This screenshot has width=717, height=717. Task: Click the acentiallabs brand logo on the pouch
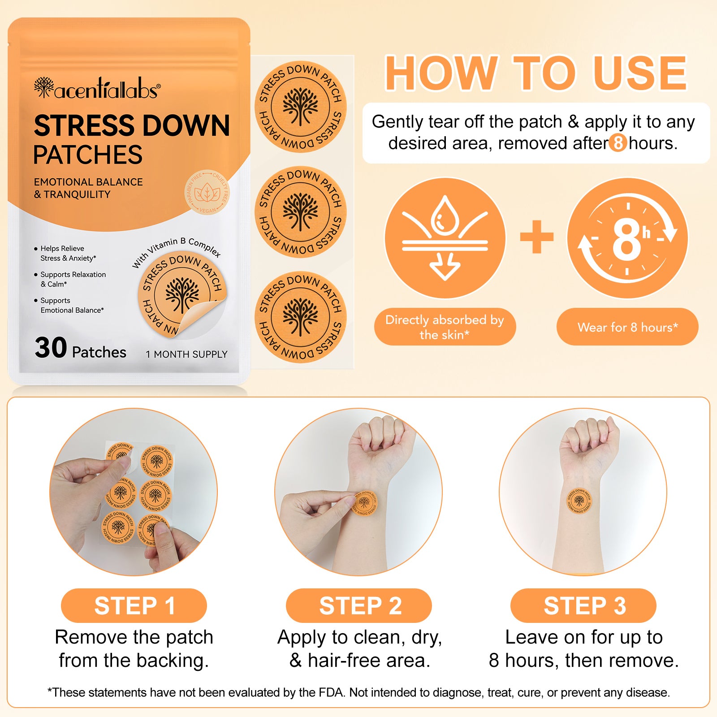[x=97, y=88]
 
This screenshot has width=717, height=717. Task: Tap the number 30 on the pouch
[x=51, y=348]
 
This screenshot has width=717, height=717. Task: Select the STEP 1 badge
[x=134, y=605]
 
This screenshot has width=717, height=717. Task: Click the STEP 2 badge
[x=359, y=605]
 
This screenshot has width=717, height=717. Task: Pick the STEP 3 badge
[x=583, y=605]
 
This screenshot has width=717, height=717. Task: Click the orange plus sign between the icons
[x=536, y=237]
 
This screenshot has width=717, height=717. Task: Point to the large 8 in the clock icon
[x=626, y=239]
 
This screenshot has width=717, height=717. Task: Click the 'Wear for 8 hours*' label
[x=627, y=327]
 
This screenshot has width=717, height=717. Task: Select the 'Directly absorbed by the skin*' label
[x=445, y=327]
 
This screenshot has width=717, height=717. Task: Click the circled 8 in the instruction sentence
[x=618, y=143]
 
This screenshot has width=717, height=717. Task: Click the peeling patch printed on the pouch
[x=182, y=296]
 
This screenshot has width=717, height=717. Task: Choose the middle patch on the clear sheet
[x=301, y=212]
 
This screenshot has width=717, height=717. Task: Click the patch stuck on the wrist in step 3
[x=579, y=500]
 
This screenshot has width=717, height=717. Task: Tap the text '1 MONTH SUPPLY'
[x=186, y=354]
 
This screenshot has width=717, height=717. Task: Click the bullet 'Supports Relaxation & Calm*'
[x=73, y=279]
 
